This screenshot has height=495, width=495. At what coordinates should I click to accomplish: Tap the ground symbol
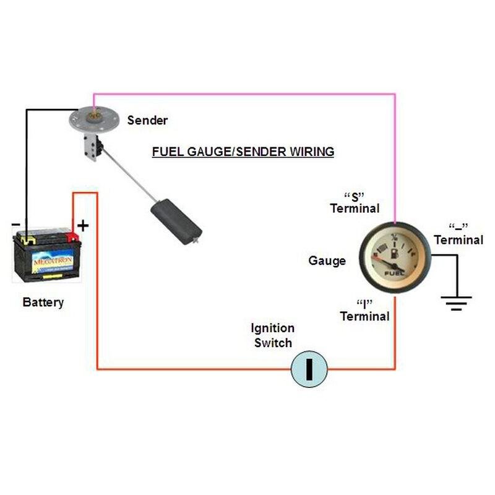pyautogui.click(x=455, y=301)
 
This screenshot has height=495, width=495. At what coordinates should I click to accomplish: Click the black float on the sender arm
pyautogui.click(x=178, y=218)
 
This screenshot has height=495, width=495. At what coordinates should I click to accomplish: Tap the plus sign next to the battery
pyautogui.click(x=83, y=225)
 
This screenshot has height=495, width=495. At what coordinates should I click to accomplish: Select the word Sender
pyautogui.click(x=147, y=120)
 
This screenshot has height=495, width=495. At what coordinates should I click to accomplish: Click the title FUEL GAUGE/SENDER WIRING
pyautogui.click(x=243, y=152)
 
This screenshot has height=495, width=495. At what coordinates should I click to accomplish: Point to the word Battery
pyautogui.click(x=43, y=303)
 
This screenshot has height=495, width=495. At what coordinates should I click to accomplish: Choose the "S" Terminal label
pyautogui.click(x=355, y=202)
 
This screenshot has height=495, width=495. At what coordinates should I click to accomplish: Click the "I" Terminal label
pyautogui.click(x=364, y=310)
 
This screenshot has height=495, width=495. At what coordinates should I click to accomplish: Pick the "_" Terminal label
pyautogui.click(x=458, y=233)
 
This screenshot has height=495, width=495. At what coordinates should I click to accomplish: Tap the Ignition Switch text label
pyautogui.click(x=273, y=335)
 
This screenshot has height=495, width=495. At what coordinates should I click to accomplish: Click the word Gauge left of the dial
pyautogui.click(x=327, y=261)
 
